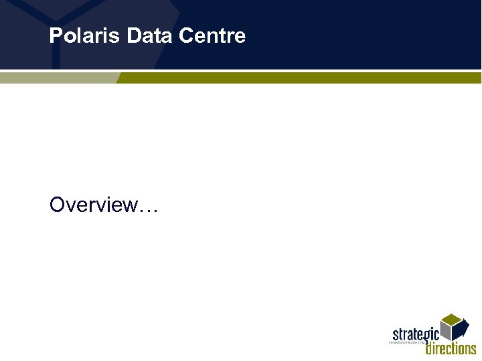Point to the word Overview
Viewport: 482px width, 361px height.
pyautogui.click(x=93, y=205)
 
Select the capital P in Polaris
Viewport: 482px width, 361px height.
pyautogui.click(x=55, y=35)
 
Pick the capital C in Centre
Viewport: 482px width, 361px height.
pyautogui.click(x=185, y=35)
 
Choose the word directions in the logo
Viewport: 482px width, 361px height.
pyautogui.click(x=451, y=348)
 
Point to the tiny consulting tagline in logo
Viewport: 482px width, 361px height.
pyautogui.click(x=407, y=342)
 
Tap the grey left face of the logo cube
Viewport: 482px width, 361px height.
pyautogui.click(x=445, y=330)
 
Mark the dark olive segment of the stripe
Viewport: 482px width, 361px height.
pyautogui.click(x=301, y=78)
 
